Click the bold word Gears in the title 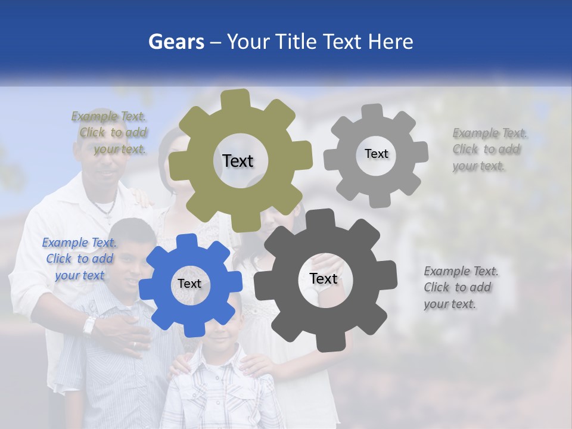tap(176, 42)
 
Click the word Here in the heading tap(391, 42)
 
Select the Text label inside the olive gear tap(238, 161)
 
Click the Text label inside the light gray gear tap(376, 154)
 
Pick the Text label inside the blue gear tap(189, 284)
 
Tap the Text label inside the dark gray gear tap(324, 279)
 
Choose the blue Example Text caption tap(79, 259)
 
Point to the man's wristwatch tap(89, 325)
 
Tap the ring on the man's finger tap(135, 344)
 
